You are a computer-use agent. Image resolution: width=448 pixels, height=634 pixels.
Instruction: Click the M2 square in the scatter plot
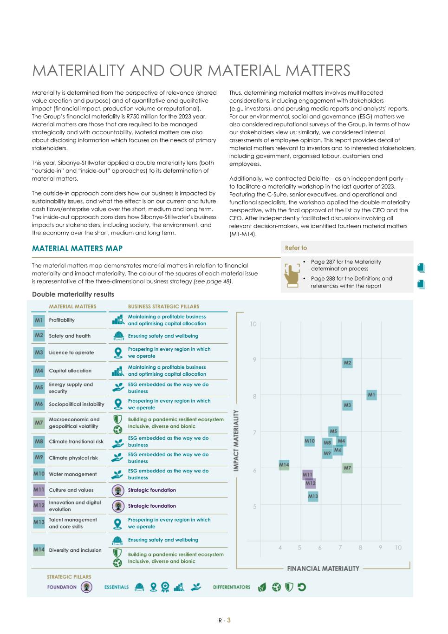(x=347, y=363)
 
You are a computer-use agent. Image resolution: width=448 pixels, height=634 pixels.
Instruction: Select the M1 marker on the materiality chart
(x=371, y=395)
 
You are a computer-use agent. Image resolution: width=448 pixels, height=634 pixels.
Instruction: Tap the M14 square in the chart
(x=284, y=464)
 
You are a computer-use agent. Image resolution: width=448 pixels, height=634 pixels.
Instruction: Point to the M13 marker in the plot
(x=313, y=496)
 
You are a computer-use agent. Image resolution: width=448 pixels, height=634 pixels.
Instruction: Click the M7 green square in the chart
(x=347, y=468)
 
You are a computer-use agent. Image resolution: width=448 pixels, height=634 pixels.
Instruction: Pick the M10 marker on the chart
(x=310, y=441)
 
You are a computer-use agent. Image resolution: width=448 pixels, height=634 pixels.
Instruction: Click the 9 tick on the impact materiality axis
(x=254, y=359)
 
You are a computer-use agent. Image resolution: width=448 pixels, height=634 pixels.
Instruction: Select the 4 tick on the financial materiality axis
(x=280, y=548)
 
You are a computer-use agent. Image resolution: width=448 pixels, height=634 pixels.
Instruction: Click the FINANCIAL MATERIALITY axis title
(x=323, y=569)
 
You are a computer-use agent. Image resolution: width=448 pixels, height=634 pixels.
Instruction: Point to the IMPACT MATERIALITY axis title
(x=236, y=440)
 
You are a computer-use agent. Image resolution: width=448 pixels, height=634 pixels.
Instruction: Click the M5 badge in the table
(x=39, y=387)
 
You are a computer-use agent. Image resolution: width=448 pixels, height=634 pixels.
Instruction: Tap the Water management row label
(x=73, y=474)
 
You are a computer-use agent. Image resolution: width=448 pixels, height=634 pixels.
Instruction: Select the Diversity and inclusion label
(x=75, y=550)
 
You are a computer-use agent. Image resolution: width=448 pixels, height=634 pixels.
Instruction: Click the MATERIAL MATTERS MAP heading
(x=77, y=248)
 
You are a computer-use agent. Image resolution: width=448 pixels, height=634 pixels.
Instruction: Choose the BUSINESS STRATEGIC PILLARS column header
(x=163, y=307)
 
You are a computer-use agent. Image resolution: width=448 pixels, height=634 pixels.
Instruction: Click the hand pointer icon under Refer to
(x=292, y=274)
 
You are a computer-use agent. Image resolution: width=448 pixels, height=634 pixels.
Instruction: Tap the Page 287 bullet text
(x=345, y=265)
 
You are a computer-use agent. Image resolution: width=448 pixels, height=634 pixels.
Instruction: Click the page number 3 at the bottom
(x=229, y=620)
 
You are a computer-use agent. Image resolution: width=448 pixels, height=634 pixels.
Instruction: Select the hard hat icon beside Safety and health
(x=118, y=336)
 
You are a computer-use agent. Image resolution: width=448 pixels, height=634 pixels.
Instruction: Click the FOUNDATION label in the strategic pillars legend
(x=62, y=587)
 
